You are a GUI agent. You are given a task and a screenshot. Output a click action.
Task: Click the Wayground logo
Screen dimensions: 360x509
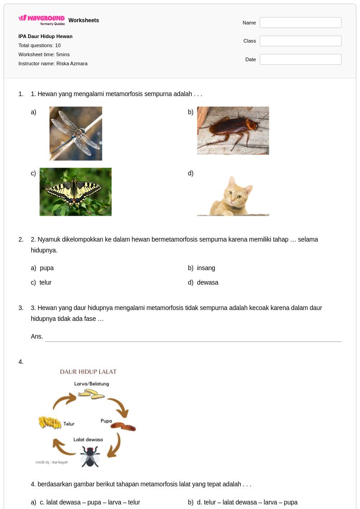click(42, 20)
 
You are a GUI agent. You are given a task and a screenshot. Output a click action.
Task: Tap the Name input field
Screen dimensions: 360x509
click(300, 23)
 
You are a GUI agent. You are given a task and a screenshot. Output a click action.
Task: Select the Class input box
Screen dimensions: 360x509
click(300, 41)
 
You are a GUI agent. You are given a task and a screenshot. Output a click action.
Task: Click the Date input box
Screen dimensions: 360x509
click(300, 59)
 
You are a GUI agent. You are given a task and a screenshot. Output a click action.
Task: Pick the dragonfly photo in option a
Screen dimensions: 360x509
click(76, 133)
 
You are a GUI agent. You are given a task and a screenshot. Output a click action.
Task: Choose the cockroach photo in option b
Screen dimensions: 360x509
click(233, 131)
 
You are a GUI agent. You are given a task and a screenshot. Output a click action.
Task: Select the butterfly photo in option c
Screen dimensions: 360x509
click(75, 192)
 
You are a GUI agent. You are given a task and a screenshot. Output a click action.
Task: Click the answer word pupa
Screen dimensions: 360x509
click(47, 268)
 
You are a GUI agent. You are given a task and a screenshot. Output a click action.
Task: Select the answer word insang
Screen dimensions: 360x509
click(206, 268)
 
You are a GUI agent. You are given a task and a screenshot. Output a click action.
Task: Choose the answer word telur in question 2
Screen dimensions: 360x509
click(45, 282)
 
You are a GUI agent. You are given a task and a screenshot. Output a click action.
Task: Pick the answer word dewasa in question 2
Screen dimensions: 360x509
click(207, 282)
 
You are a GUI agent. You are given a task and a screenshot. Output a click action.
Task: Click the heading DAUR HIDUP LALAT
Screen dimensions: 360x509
click(88, 372)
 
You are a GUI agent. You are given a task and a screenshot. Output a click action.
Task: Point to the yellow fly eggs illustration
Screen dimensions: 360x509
click(50, 422)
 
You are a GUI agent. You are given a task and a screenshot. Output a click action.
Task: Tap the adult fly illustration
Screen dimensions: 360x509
click(90, 456)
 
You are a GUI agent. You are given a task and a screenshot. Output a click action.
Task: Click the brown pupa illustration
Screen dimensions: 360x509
click(123, 427)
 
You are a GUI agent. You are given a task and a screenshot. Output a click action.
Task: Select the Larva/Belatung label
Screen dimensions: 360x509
click(92, 384)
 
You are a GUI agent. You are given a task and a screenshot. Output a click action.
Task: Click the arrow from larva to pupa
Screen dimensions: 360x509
click(121, 405)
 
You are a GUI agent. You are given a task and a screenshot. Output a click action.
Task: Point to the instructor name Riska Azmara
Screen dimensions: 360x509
click(72, 63)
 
